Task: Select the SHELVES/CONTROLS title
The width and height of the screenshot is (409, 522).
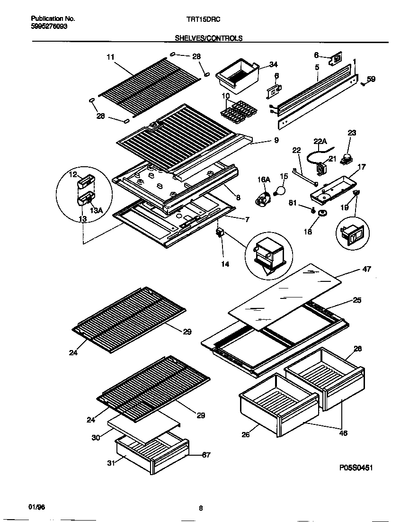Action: [209, 38]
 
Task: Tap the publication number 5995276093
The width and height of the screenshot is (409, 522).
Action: [50, 27]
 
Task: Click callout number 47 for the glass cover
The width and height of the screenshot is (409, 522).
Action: [366, 270]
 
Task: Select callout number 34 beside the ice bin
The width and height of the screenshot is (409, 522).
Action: [273, 65]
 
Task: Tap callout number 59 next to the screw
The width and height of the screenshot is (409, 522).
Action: [371, 80]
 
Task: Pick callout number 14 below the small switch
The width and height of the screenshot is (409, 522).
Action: [225, 264]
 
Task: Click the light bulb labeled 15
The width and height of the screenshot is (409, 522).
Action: [281, 191]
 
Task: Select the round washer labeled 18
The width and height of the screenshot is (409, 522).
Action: [323, 213]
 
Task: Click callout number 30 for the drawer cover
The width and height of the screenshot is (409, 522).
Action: [96, 438]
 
